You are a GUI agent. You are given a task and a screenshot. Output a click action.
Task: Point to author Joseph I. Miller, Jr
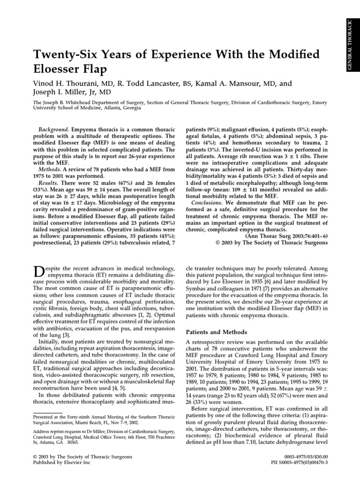(65, 92)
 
